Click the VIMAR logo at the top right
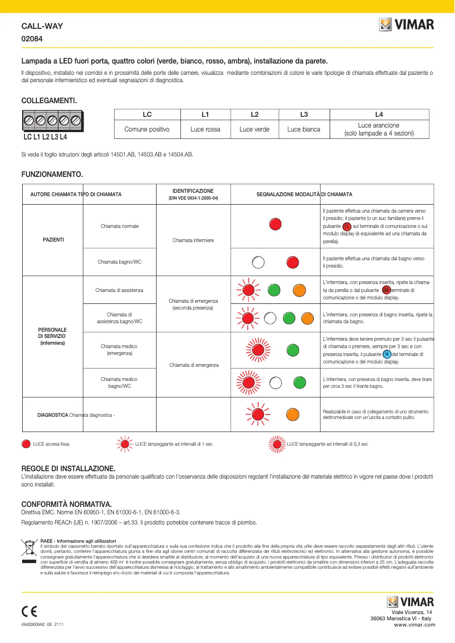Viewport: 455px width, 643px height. coord(407,24)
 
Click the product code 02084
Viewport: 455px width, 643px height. coord(32,39)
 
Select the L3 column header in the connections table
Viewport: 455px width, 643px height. coord(304,114)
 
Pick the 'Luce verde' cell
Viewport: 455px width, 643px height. coord(254,129)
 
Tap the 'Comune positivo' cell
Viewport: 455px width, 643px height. coord(147,129)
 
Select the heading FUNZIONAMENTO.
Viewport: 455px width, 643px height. coord(52,174)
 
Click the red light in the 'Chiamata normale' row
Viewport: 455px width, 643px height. coord(275,224)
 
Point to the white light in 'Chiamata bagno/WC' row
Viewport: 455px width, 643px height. coord(259,262)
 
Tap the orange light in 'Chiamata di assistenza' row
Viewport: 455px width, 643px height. coord(299,290)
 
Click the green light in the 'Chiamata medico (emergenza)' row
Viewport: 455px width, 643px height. coord(292,349)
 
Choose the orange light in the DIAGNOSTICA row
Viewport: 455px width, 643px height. coord(292,413)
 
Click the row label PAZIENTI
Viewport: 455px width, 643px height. coord(53,240)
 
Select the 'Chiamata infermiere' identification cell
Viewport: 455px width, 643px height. coord(193,240)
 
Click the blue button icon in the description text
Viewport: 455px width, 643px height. coord(387,354)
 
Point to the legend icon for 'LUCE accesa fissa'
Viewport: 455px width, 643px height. coord(26,444)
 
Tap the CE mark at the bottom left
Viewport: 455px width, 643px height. coord(29,611)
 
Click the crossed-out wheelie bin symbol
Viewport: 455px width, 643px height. coord(28,548)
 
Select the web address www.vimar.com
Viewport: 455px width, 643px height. coord(414,625)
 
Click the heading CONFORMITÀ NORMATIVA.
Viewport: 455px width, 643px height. coord(66,504)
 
